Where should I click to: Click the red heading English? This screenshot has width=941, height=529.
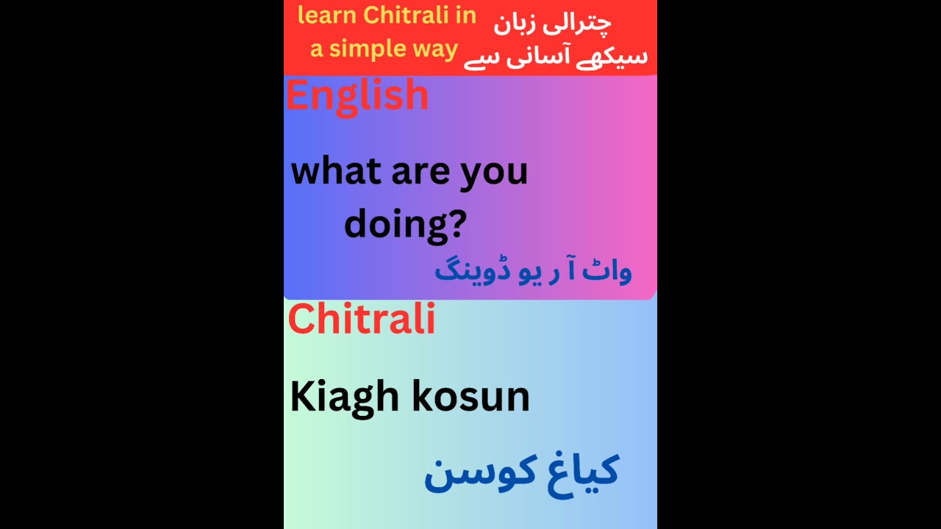click(357, 96)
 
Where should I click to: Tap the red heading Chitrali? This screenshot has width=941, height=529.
click(362, 320)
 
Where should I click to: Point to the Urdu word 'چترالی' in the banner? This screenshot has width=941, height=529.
click(582, 22)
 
